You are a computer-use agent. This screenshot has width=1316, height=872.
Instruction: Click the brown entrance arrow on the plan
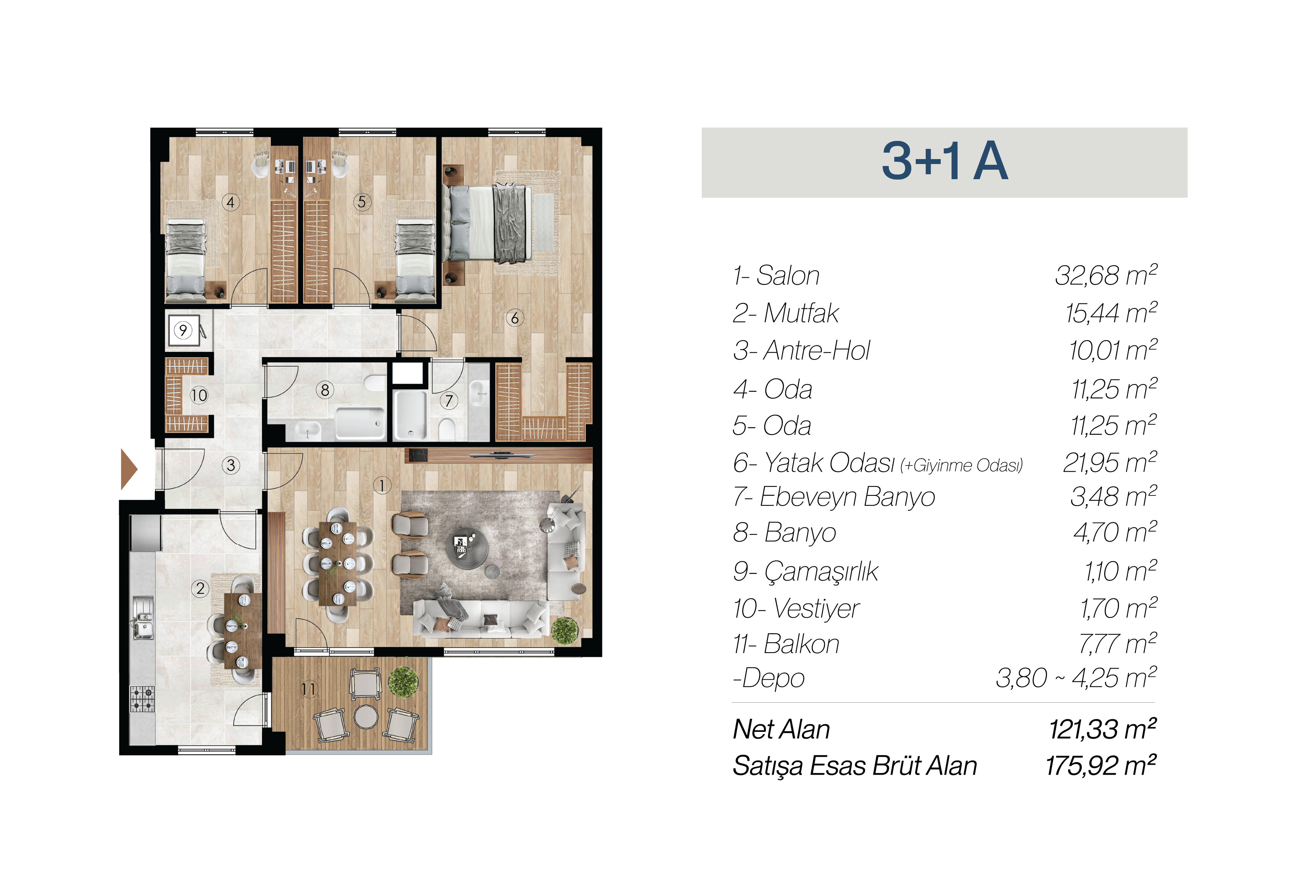[128, 469]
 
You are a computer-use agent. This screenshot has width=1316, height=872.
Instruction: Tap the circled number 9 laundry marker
[183, 330]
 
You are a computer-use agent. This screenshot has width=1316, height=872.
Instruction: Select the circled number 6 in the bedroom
[515, 318]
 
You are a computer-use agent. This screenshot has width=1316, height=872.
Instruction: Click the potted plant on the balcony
[403, 682]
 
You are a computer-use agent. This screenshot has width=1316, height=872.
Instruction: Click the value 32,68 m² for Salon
[1106, 275]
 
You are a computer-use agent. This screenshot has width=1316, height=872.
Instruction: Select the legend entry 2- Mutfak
[786, 313]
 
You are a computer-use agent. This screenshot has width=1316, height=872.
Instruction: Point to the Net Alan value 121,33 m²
[1102, 729]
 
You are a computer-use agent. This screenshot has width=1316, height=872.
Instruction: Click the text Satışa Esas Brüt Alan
[855, 766]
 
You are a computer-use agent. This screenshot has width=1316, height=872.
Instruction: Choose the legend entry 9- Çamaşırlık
[805, 571]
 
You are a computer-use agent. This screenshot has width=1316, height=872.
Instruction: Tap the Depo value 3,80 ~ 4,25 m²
[1076, 678]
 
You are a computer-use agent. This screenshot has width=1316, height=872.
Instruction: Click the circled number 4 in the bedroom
[231, 202]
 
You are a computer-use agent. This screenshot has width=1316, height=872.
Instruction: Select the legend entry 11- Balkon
[786, 644]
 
